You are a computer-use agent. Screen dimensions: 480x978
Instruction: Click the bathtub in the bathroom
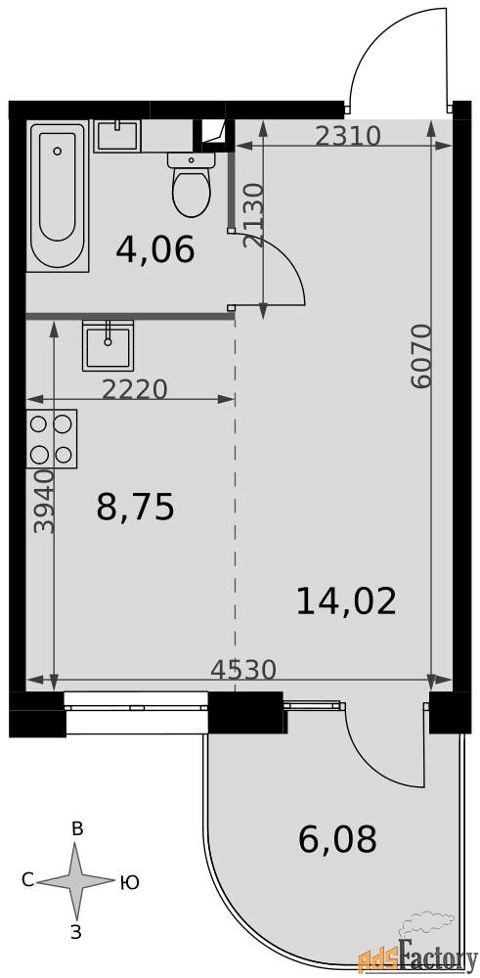coord(58,196)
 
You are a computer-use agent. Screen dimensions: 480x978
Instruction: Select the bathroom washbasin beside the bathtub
coord(117,136)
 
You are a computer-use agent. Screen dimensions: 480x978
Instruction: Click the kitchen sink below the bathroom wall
coord(108,346)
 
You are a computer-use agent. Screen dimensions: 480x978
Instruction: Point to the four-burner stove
coord(51,438)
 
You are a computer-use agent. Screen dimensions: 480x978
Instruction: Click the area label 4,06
coord(155,249)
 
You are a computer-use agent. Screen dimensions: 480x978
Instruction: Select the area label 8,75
coord(135,507)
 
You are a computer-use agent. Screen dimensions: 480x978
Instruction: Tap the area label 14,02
coord(347,601)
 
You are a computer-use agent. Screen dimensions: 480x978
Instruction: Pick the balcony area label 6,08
coord(338,839)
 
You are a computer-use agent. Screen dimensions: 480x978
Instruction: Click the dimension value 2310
coord(347,136)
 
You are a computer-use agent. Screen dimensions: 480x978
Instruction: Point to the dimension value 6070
coord(422,357)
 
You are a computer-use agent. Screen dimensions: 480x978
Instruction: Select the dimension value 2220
coord(135,390)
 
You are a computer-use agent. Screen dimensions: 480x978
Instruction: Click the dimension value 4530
coord(243,670)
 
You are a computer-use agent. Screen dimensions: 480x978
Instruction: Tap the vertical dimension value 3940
coord(44,502)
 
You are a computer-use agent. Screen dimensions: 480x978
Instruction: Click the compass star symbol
coord(75,881)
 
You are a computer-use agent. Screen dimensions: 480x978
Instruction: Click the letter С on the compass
coord(27,880)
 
